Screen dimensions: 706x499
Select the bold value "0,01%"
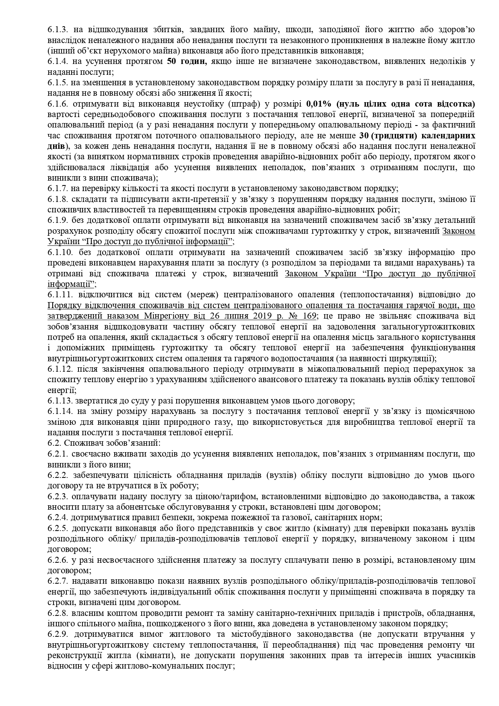click(x=319, y=103)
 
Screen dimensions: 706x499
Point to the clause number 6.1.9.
click(x=56, y=220)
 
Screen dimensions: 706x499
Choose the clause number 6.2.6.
click(x=56, y=560)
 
